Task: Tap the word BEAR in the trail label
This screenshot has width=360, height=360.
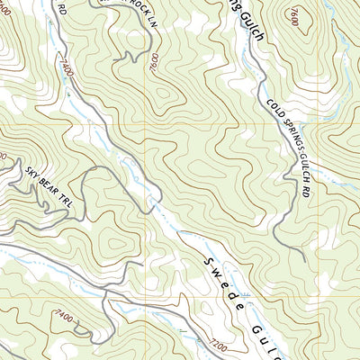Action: (x=49, y=179)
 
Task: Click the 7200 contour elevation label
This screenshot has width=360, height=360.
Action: (x=215, y=343)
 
